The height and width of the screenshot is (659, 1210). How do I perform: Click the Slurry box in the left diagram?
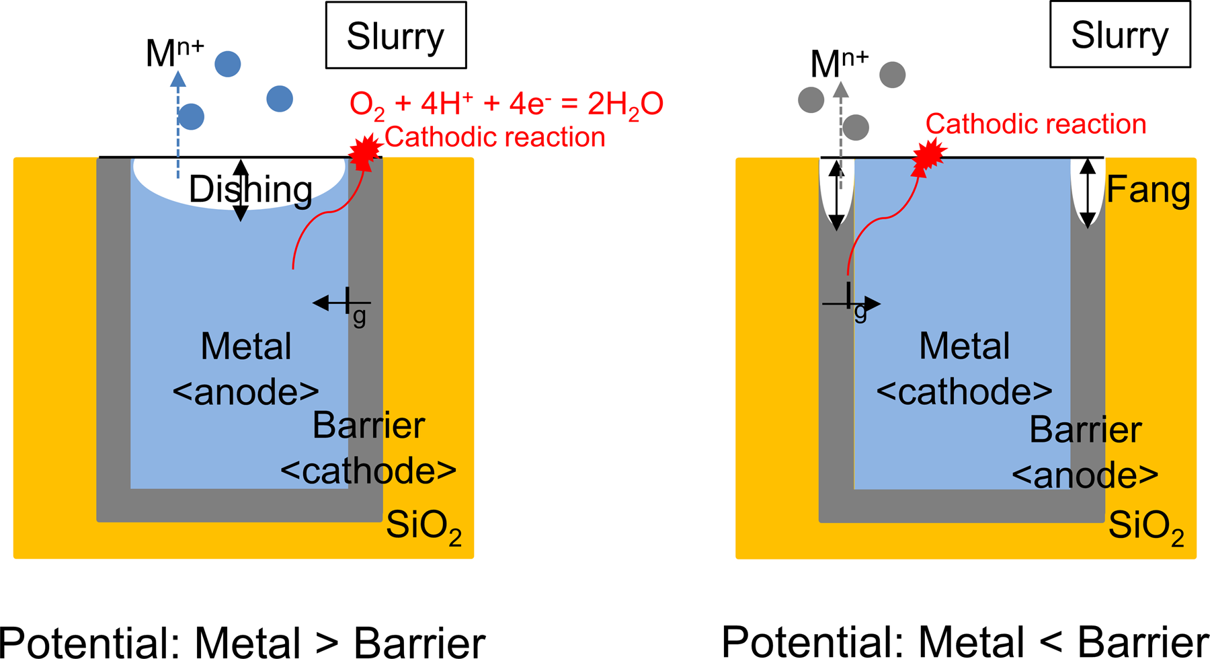(396, 35)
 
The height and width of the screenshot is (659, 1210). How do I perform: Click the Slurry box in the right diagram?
(1120, 34)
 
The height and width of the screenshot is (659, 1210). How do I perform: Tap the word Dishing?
(251, 190)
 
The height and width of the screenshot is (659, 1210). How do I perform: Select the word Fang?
(1148, 190)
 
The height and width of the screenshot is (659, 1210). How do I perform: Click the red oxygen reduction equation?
(506, 104)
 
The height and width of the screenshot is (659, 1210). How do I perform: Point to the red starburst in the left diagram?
(366, 152)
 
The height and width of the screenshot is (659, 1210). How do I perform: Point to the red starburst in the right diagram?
(930, 155)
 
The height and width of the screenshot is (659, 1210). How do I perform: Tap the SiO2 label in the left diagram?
(424, 527)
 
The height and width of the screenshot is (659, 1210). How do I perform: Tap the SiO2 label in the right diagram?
(1146, 527)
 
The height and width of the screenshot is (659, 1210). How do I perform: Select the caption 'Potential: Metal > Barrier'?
(242, 642)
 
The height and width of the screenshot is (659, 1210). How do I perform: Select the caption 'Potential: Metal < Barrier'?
(965, 642)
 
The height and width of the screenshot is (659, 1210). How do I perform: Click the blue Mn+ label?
(175, 52)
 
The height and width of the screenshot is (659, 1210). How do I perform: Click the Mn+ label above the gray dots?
(840, 63)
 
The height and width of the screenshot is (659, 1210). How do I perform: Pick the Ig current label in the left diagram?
(356, 307)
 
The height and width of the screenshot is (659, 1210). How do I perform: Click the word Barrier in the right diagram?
(1086, 430)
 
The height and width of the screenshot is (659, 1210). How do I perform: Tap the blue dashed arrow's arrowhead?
(178, 79)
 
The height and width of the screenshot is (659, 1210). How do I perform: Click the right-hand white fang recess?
(1088, 191)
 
